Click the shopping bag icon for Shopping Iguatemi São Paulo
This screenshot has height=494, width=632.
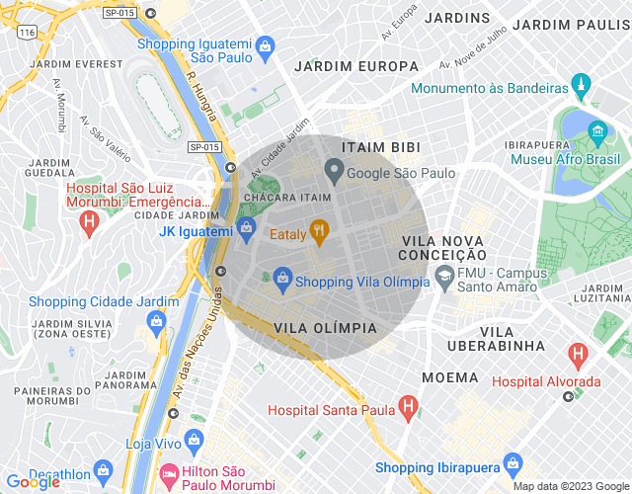(x=265, y=45)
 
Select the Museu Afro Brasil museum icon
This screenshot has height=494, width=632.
(x=597, y=131)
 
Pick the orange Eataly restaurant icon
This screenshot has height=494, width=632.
(x=318, y=233)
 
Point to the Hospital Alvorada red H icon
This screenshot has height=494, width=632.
(x=578, y=354)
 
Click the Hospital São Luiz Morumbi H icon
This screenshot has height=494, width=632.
(x=89, y=223)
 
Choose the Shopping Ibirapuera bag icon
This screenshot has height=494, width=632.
(x=513, y=462)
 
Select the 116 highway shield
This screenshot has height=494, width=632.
(x=27, y=34)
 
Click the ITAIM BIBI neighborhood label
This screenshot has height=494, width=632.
(x=380, y=146)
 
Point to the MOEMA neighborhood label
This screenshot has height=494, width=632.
(x=450, y=377)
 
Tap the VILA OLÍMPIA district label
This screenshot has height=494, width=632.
(x=325, y=327)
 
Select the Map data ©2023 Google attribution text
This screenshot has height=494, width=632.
(x=570, y=485)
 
